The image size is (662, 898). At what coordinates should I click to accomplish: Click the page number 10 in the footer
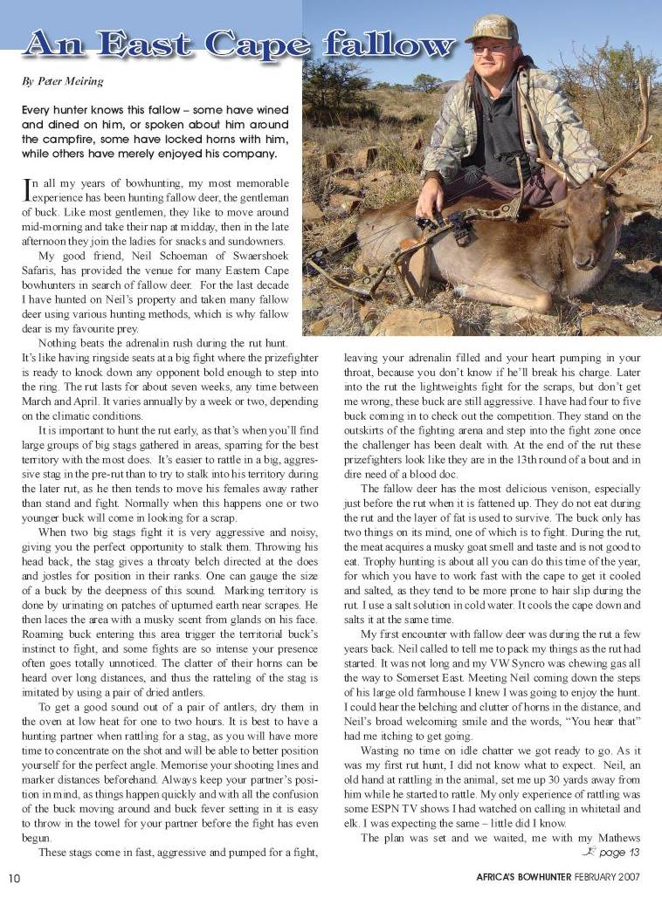pyautogui.click(x=15, y=876)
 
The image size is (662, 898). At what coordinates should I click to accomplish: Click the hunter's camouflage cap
pyautogui.click(x=491, y=28)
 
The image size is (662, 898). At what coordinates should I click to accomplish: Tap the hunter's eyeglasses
pyautogui.click(x=490, y=49)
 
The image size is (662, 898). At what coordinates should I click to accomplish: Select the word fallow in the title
pyautogui.click(x=384, y=45)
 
